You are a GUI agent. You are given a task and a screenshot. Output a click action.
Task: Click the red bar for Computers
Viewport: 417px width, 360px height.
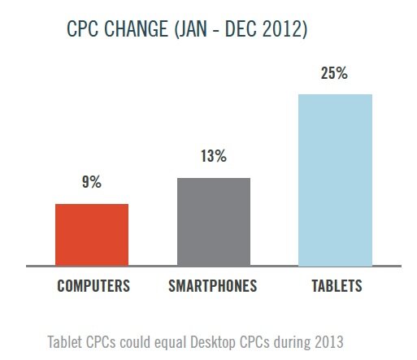click(x=91, y=234)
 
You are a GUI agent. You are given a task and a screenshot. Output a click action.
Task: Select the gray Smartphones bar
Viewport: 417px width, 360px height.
click(x=213, y=221)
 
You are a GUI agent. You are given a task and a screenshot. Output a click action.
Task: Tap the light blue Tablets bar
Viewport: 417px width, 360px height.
click(x=335, y=180)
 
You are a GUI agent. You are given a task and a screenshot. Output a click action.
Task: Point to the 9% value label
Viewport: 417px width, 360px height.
click(x=91, y=183)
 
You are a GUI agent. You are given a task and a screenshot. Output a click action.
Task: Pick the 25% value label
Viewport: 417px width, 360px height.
click(x=335, y=73)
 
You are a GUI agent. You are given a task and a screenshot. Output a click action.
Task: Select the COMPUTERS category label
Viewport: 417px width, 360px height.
click(x=93, y=287)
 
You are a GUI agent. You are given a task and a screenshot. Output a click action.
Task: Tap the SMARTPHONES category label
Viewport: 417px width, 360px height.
click(x=213, y=287)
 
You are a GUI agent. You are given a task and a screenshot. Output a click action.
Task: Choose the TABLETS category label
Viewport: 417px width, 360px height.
click(x=336, y=287)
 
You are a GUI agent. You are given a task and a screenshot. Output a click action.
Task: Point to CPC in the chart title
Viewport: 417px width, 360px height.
click(x=84, y=31)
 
